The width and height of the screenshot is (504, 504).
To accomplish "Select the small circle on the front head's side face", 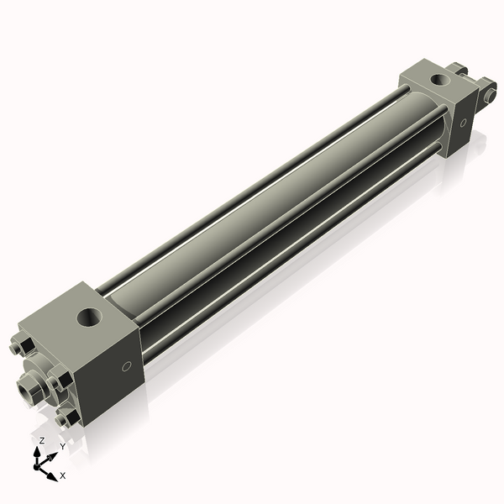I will pyautogui.click(x=126, y=366).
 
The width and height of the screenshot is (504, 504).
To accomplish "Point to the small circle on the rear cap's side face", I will pyautogui.click(x=463, y=123).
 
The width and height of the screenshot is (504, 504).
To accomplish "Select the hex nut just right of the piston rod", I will pyautogui.click(x=57, y=384).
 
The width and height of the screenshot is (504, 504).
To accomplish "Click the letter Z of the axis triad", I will pyautogui.click(x=41, y=440).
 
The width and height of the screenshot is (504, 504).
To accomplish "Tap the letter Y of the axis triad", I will pyautogui.click(x=62, y=447).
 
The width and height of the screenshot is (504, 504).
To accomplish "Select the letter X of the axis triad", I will pyautogui.click(x=62, y=475).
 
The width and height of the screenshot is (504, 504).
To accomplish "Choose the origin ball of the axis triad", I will pyautogui.click(x=39, y=465).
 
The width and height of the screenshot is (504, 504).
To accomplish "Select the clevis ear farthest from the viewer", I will pyautogui.click(x=458, y=68).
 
